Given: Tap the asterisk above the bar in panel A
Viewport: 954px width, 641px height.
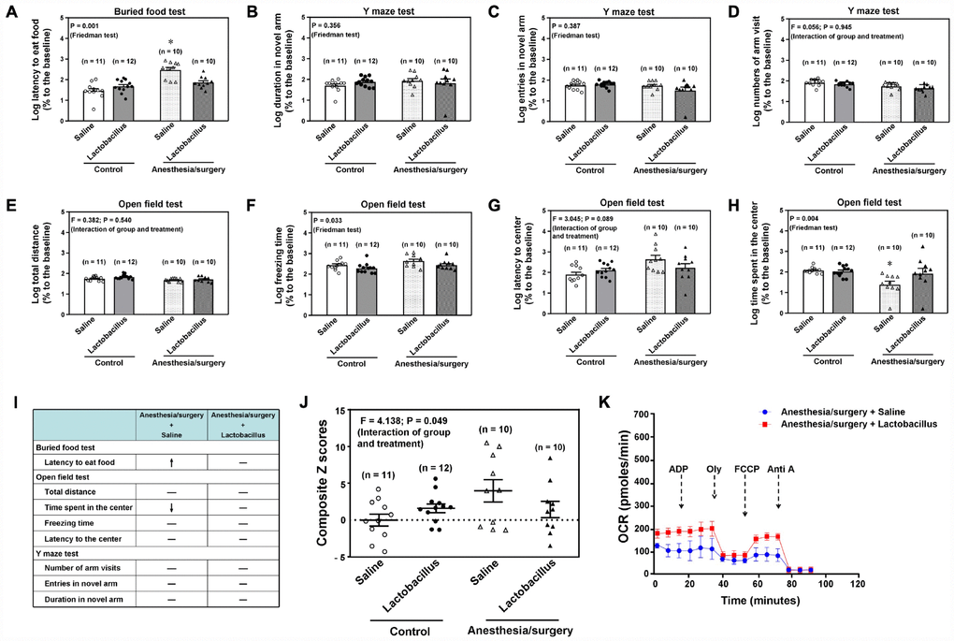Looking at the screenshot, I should [169, 43].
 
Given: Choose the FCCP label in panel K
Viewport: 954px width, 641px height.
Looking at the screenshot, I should [745, 466].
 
